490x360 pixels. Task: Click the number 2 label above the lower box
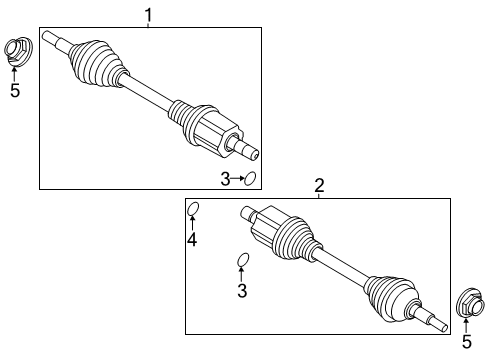319,185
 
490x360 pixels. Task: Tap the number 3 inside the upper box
226,179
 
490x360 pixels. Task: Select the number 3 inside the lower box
241,291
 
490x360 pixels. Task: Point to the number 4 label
192,239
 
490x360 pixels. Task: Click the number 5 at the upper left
15,91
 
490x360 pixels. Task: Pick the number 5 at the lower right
466,341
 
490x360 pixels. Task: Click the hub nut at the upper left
18,50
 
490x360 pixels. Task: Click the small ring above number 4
195,209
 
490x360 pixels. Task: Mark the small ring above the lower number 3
242,262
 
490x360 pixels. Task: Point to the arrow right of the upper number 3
238,179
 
